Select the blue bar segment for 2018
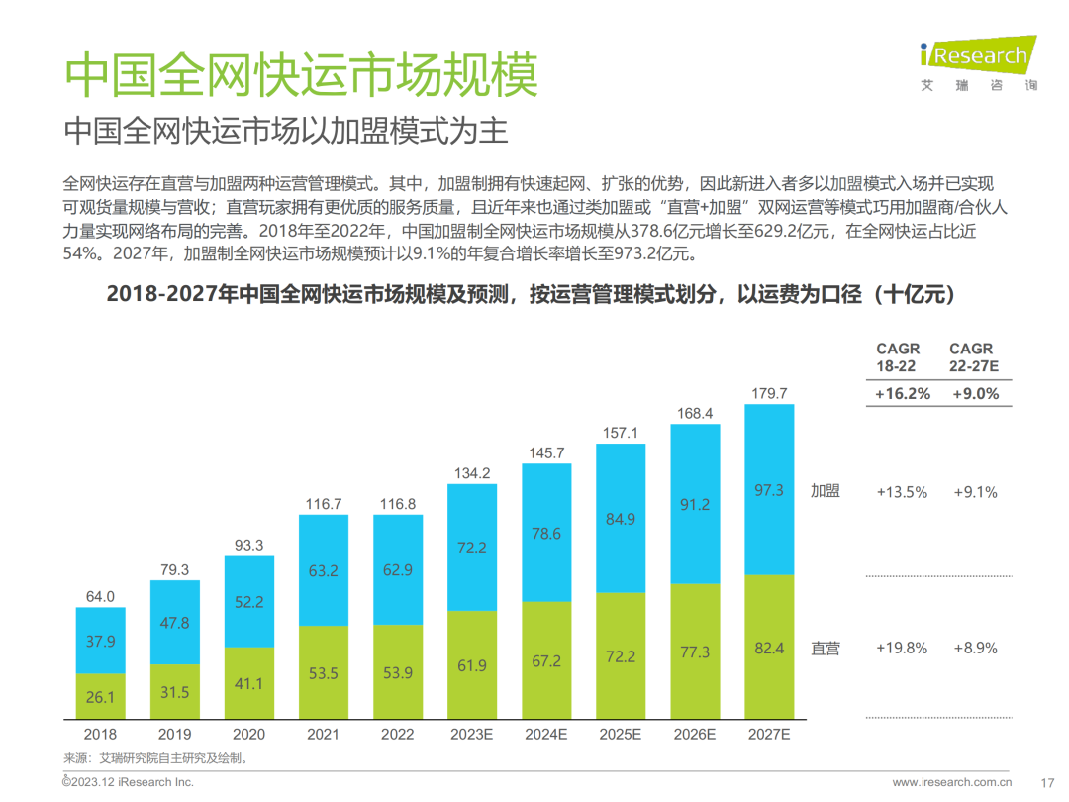click(101, 641)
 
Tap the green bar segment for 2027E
click(769, 648)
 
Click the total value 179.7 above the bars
click(769, 394)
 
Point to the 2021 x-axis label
click(323, 735)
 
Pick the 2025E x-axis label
click(621, 735)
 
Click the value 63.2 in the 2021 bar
click(324, 570)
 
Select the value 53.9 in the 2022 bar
click(398, 673)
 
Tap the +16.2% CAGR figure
click(903, 394)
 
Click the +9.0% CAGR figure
click(976, 394)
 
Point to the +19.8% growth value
click(902, 649)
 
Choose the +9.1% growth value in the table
click(975, 492)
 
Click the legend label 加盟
click(825, 491)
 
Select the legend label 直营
click(825, 649)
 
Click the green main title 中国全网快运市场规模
click(302, 74)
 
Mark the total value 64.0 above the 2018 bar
click(101, 597)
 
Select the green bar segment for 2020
click(249, 683)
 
